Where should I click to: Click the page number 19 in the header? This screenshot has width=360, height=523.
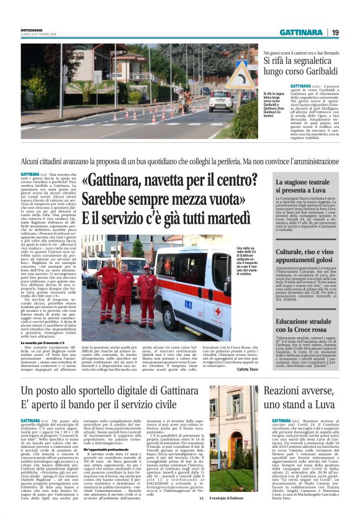tap(335, 32)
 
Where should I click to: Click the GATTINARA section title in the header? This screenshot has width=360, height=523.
tap(300, 32)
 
